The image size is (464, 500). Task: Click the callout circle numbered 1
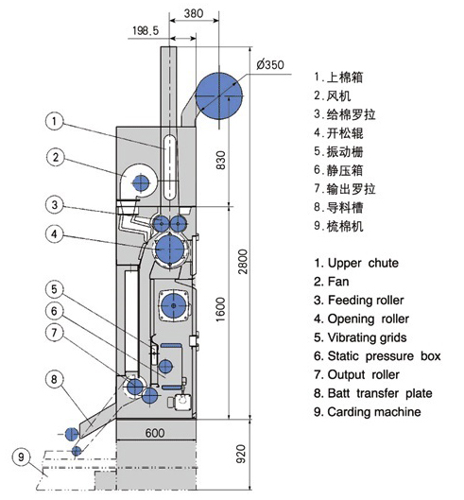click(55, 121)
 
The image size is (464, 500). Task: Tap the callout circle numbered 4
click(55, 233)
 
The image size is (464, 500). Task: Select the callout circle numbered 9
click(21, 457)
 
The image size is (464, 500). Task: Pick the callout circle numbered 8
click(55, 379)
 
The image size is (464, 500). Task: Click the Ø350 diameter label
click(269, 64)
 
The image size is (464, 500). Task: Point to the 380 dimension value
click(194, 13)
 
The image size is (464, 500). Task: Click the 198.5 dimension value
click(146, 30)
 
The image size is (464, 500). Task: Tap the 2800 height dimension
click(243, 262)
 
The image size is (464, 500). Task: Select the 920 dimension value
click(242, 454)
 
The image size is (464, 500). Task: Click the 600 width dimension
click(155, 433)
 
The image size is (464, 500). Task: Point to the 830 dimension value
click(220, 160)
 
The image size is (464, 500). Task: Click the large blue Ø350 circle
click(219, 95)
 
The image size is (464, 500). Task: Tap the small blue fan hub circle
click(141, 182)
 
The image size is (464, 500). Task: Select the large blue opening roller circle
click(170, 249)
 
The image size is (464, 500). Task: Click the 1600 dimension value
click(220, 310)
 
